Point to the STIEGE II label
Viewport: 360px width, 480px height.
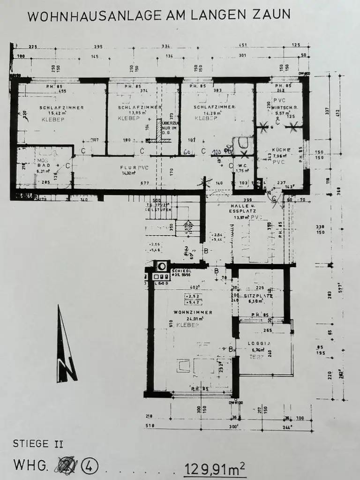[38, 443]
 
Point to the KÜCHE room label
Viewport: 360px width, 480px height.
[281, 150]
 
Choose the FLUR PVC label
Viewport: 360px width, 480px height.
[127, 167]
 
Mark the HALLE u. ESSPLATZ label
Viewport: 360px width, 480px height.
[241, 209]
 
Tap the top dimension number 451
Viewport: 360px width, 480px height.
[243, 46]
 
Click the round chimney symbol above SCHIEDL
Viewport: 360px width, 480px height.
[161, 266]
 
